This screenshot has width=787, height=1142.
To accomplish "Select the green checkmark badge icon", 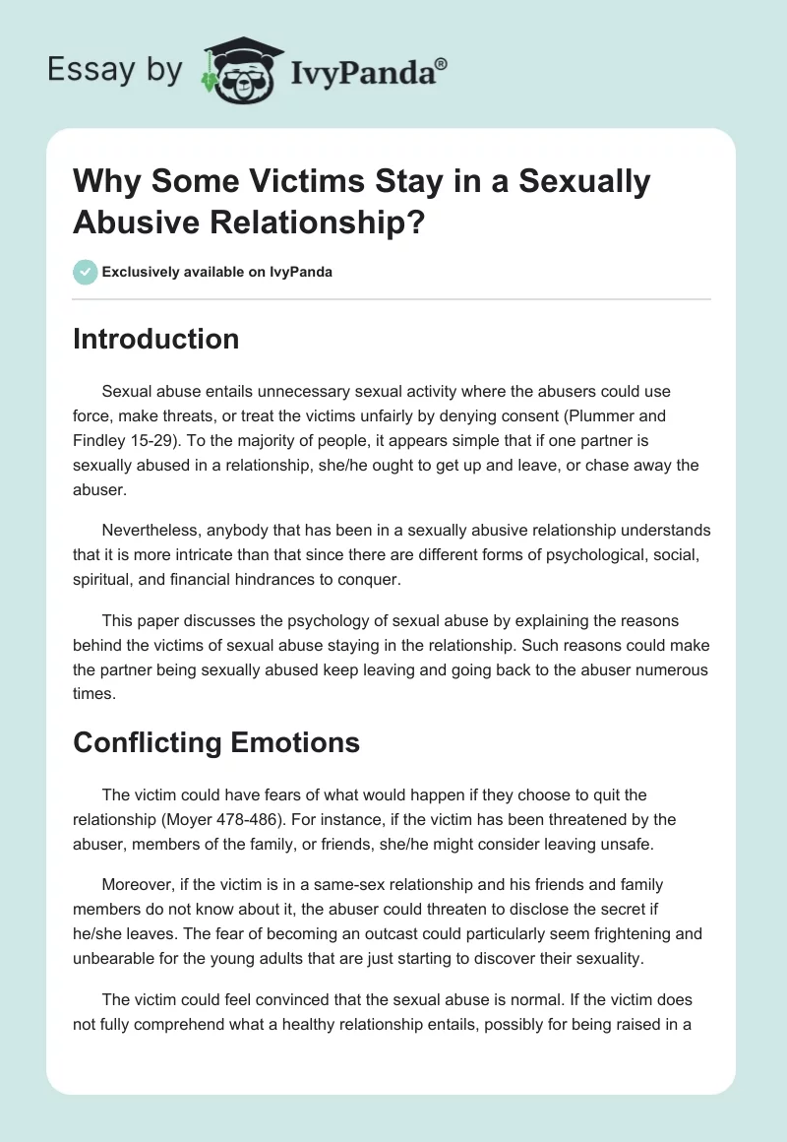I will click(x=86, y=272).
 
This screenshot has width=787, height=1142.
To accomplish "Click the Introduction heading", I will click(x=155, y=339).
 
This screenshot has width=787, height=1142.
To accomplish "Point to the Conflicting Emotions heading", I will click(x=216, y=741).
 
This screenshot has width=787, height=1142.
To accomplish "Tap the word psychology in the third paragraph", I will click(x=304, y=622).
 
